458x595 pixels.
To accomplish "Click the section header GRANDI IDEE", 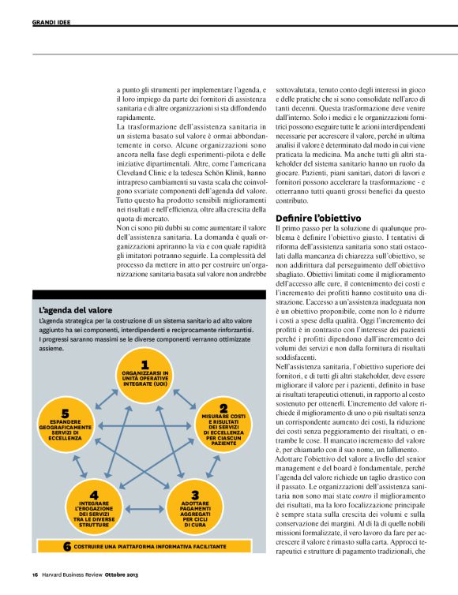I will [51, 22].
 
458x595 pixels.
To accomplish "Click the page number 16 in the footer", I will [36, 574].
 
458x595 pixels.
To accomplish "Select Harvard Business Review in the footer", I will [72, 574].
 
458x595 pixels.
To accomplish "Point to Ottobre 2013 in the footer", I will [123, 574].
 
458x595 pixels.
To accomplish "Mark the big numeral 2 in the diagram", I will [223, 408].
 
